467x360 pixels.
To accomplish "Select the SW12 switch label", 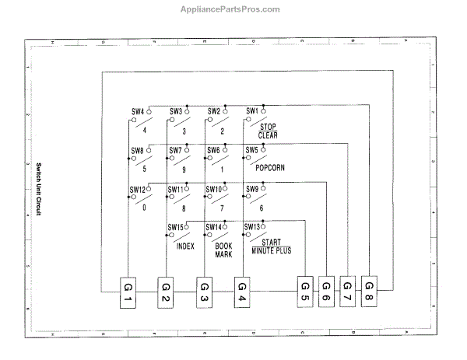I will [137, 189].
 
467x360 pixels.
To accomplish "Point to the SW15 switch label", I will [176, 227].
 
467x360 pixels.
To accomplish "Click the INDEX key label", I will [185, 246].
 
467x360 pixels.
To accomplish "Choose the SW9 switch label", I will [252, 189].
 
